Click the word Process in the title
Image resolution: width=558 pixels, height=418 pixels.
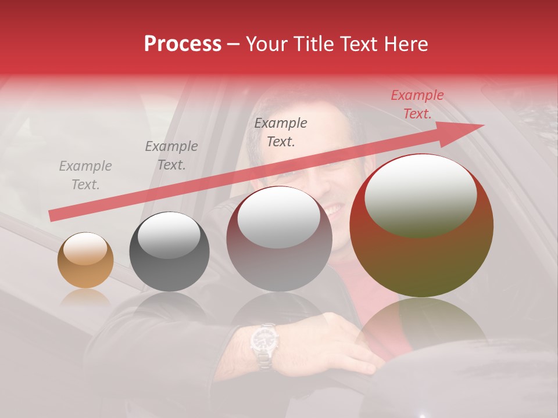coord(183,44)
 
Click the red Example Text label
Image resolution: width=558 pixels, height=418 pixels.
coord(417,105)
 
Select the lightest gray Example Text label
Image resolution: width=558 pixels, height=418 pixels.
coord(85,175)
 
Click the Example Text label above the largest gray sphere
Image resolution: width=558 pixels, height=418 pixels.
coord(281,132)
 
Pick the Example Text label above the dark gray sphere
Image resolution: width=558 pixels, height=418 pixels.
coord(171,156)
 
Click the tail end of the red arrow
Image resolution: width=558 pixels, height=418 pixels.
coord(53,215)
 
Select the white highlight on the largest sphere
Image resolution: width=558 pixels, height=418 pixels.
coord(420,194)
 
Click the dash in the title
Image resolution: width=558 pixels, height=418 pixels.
coord(234,44)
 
